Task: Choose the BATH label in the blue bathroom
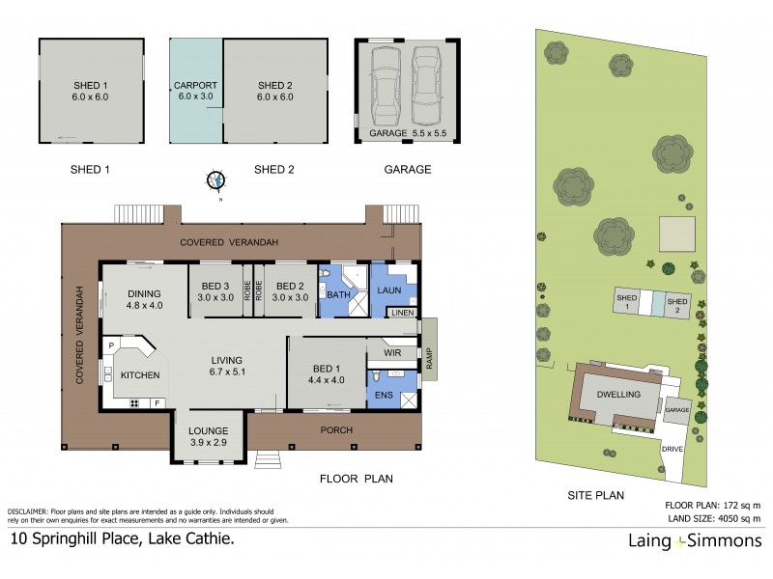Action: click(338, 294)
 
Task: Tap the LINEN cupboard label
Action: click(402, 314)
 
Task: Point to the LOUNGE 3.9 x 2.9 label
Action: click(208, 436)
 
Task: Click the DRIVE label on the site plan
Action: click(673, 450)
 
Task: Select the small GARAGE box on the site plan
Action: click(676, 410)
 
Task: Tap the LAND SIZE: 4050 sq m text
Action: click(714, 519)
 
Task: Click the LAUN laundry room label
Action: click(389, 289)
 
